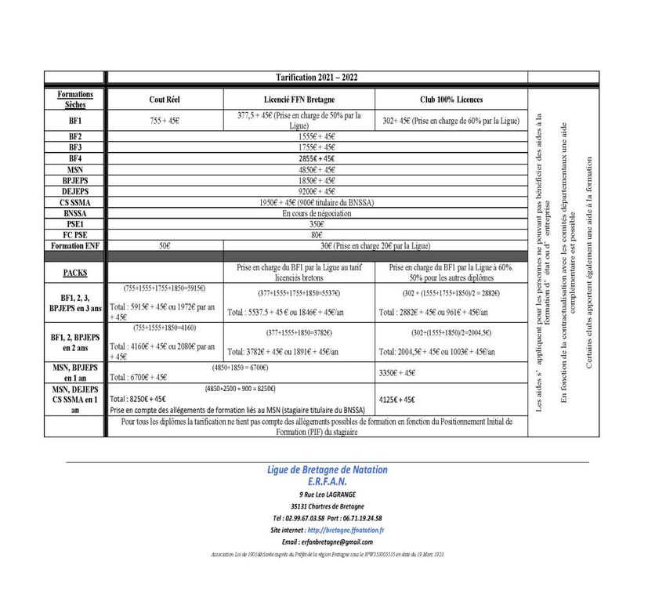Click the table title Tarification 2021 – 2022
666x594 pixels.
click(317, 78)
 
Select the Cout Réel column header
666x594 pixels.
click(165, 100)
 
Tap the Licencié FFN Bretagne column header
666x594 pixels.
click(299, 100)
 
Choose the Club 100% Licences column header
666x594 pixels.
click(451, 100)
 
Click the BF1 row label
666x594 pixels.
click(75, 121)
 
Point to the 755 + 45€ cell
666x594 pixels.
click(165, 121)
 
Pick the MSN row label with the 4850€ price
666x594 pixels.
click(75, 169)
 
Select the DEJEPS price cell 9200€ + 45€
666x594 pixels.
click(317, 191)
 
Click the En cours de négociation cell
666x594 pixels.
click(317, 213)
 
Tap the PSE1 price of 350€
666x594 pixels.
click(317, 224)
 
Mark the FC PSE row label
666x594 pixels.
click(75, 234)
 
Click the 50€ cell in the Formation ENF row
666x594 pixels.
click(165, 245)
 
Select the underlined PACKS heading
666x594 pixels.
click(75, 273)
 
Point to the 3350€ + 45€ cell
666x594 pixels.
click(400, 374)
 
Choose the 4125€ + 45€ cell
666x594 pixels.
click(400, 400)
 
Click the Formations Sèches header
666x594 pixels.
click(75, 99)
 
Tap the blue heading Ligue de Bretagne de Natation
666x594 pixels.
click(327, 469)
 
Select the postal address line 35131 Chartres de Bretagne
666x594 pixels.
click(327, 506)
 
